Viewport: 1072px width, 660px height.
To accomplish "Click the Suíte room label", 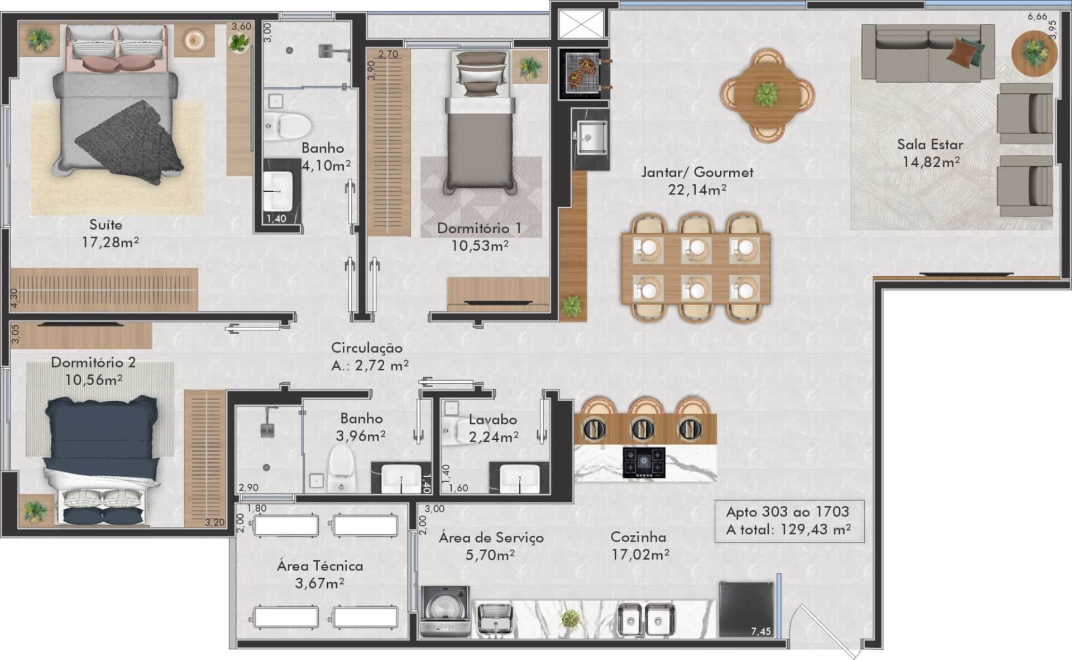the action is pos(106,225).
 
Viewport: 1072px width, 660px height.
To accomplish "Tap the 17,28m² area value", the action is pos(110,243).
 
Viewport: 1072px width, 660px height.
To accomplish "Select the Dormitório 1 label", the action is pos(479,228).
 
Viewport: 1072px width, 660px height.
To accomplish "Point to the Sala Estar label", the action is pos(930,145).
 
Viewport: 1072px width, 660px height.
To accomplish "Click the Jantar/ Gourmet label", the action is pos(697,172).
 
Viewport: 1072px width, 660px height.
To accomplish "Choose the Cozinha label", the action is pos(638,537).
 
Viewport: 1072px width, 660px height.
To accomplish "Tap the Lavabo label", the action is pos(492,420).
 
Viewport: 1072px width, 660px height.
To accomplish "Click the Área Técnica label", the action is pos(320,566).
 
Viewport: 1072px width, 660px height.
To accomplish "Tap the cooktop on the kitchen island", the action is pos(644,463).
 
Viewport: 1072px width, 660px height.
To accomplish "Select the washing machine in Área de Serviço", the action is pos(444,612).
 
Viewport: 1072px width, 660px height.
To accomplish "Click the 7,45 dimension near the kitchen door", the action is pos(760,631).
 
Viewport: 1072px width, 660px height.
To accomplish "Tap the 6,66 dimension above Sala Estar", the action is pos(1037,17).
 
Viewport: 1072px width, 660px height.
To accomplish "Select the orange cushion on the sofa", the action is pos(961,52).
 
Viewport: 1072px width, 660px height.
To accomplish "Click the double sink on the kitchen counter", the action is pos(646,620).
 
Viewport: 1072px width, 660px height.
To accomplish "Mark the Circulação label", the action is pos(367,348).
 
